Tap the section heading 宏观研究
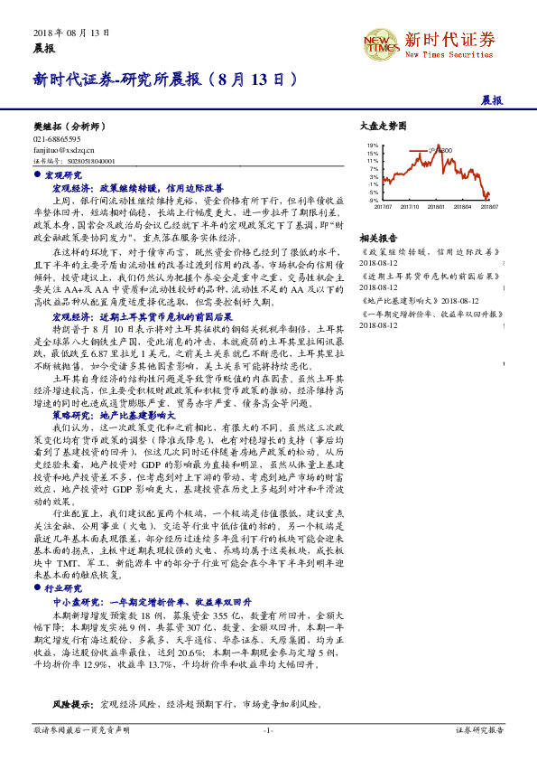[64, 174]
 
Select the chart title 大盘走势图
[376, 129]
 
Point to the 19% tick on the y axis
[373, 145]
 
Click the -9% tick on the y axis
[373, 199]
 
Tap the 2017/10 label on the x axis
[409, 206]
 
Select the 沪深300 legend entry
[443, 150]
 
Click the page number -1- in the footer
[268, 728]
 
